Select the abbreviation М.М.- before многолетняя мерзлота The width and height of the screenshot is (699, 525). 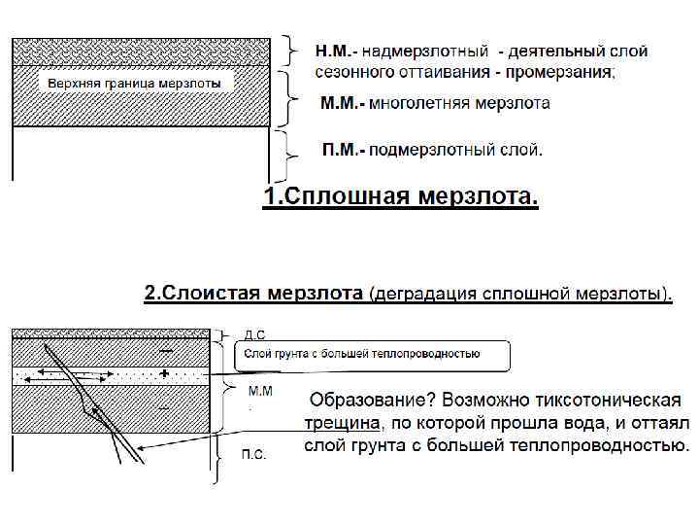(343, 102)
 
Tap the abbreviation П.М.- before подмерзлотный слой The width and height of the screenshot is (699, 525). (344, 150)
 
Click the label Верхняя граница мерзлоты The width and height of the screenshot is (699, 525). (135, 84)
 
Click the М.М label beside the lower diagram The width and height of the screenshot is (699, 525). (260, 391)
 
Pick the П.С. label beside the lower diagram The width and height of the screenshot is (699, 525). (253, 454)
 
